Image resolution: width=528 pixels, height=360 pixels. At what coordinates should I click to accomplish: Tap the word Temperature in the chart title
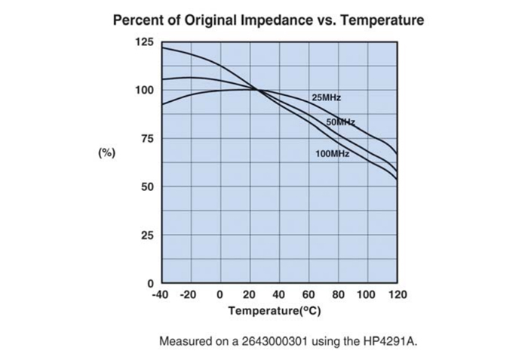click(x=382, y=20)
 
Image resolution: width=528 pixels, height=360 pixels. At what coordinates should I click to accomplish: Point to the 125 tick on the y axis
click(x=143, y=42)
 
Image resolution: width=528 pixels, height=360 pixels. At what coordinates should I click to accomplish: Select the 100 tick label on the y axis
click(x=143, y=91)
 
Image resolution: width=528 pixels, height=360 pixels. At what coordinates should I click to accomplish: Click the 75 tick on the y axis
click(x=146, y=139)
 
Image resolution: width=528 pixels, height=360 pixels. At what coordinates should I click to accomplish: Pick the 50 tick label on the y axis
click(x=146, y=186)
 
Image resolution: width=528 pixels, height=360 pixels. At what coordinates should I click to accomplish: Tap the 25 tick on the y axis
click(x=146, y=235)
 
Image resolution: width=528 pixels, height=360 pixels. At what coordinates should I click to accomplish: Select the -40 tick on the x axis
click(x=161, y=294)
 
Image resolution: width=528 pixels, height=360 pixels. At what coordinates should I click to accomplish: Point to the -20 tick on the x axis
click(x=189, y=294)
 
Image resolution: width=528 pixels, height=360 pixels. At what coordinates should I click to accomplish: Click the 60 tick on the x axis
click(x=309, y=294)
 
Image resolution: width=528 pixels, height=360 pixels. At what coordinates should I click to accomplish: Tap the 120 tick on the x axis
click(x=397, y=294)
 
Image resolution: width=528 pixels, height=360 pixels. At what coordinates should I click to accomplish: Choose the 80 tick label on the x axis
click(x=338, y=294)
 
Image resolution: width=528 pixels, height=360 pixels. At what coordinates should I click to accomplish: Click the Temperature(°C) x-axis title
click(x=278, y=310)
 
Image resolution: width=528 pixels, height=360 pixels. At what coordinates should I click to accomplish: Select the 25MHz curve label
click(x=326, y=98)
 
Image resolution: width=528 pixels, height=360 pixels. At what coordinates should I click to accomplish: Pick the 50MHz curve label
click(x=340, y=122)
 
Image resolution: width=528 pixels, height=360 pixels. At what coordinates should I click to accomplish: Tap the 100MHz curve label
click(x=332, y=154)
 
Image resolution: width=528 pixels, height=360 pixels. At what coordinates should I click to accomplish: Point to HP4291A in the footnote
click(x=388, y=341)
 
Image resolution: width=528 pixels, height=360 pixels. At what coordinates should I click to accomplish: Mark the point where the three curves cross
click(x=257, y=90)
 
